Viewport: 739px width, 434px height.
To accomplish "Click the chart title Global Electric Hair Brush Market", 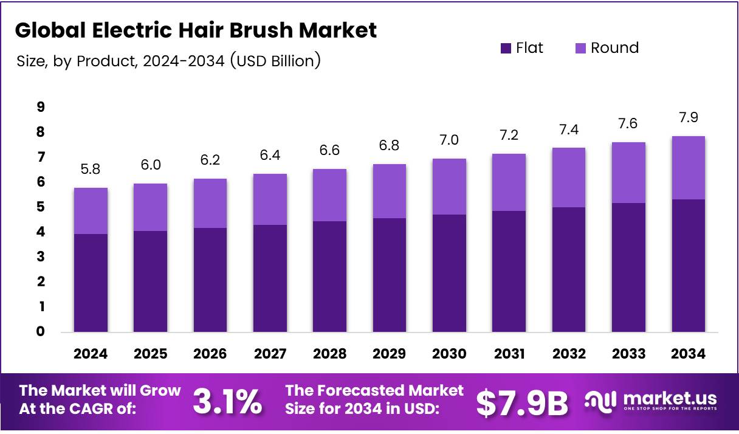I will pos(196,30).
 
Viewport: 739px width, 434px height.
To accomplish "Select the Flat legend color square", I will pos(506,48).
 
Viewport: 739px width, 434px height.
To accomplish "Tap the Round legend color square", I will pos(580,48).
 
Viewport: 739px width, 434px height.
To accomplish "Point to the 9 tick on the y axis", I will pos(40,107).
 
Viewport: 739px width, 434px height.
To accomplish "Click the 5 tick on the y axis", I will pos(40,207).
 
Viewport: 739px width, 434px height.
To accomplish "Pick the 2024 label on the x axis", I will pos(91,354).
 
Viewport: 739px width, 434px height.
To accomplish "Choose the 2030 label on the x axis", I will pos(449,354).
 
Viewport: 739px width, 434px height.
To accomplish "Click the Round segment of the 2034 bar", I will pos(688,168).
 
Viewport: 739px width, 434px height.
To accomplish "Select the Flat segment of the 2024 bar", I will pos(91,283).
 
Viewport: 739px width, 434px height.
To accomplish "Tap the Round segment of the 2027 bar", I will pos(270,199).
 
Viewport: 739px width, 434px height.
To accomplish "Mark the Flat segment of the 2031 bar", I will pos(509,271).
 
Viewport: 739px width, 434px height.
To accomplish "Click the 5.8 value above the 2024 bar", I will pos(91,170).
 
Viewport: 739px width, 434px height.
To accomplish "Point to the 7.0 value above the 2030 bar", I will pos(449,140).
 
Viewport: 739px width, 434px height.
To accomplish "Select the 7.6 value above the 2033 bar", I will pos(628,124).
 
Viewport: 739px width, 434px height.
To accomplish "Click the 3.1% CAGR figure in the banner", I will pos(227,402).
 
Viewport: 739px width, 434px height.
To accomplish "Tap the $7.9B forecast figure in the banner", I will pos(521,402).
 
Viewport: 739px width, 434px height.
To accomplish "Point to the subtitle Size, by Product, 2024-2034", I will pos(168,61).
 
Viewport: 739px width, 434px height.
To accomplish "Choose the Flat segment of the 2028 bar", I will pos(329,277).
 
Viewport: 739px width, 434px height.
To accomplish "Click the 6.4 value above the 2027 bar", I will pos(270,156).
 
